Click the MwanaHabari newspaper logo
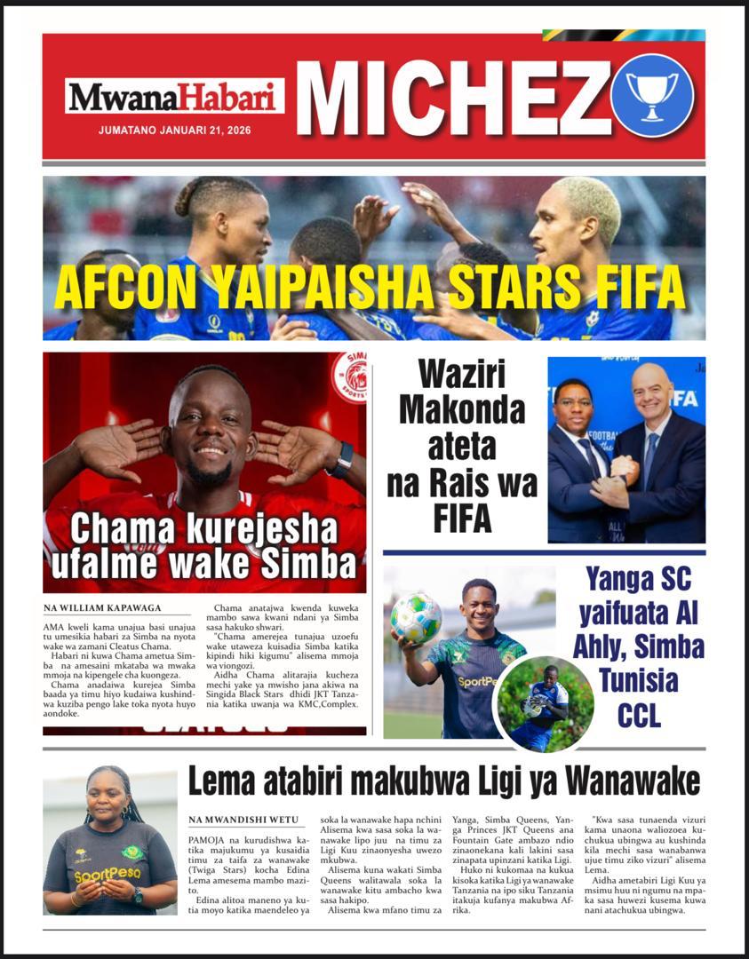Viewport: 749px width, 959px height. click(x=174, y=96)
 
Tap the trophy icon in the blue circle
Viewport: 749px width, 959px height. click(x=652, y=95)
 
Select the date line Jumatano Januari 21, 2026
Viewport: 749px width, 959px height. click(x=174, y=130)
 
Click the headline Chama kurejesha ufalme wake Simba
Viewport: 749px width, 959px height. click(x=203, y=545)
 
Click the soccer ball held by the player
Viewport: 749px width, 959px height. click(x=415, y=617)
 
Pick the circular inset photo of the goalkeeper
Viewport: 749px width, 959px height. click(x=543, y=703)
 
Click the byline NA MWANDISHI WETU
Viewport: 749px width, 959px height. click(x=243, y=820)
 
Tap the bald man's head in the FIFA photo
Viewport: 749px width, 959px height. click(x=651, y=391)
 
